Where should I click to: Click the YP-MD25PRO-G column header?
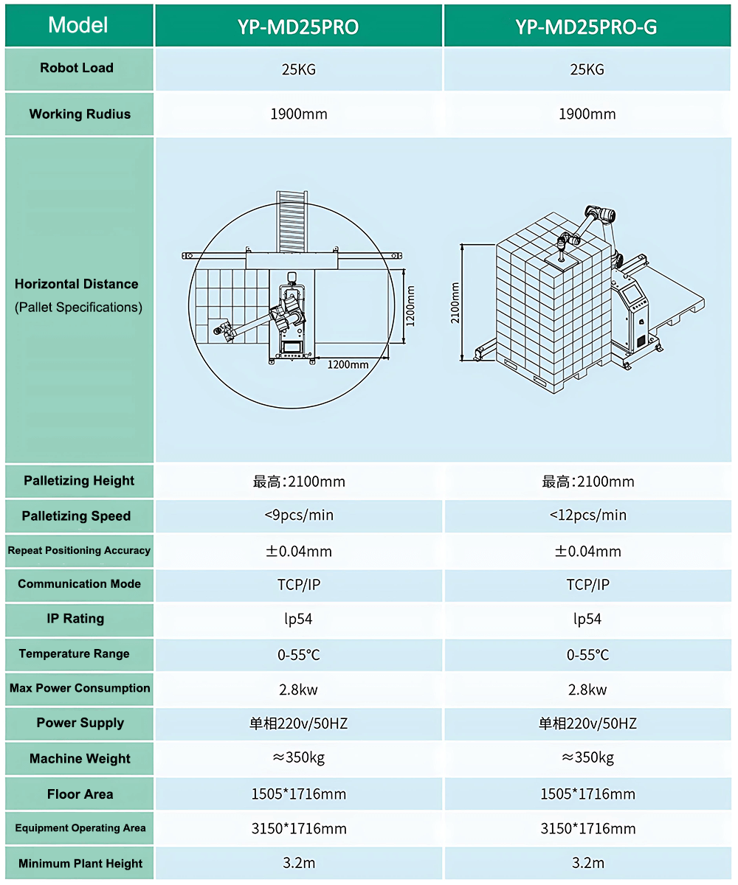(586, 27)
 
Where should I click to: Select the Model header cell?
(78, 25)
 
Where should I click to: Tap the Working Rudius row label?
(80, 114)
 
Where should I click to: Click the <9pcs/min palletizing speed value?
(299, 515)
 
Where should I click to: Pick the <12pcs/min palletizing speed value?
(588, 515)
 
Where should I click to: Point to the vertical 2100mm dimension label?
(455, 302)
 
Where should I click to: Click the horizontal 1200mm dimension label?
(348, 364)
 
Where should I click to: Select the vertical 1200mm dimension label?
(410, 306)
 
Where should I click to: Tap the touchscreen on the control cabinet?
(632, 294)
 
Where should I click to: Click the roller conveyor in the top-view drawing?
(292, 221)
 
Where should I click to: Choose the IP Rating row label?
(75, 619)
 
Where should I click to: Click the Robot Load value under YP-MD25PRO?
(299, 69)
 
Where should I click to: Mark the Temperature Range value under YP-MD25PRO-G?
(588, 655)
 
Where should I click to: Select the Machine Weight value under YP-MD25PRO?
(299, 757)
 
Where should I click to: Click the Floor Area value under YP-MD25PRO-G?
(588, 794)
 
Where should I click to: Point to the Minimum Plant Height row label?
(80, 864)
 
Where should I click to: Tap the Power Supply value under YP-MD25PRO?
(299, 723)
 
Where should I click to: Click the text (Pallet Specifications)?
(78, 308)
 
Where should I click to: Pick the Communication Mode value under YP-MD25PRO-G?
(588, 585)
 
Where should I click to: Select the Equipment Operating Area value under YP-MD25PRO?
(299, 829)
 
